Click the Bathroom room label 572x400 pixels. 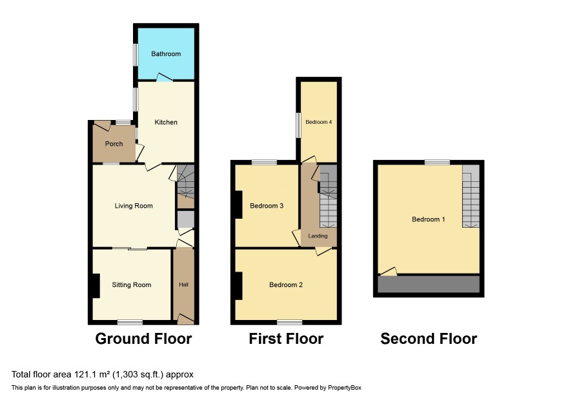click(166, 54)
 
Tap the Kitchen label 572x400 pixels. click(166, 122)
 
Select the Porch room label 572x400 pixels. click(114, 144)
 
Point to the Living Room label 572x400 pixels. click(134, 206)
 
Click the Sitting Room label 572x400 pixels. click(131, 285)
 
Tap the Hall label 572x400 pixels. click(183, 285)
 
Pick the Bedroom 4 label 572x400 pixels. click(318, 122)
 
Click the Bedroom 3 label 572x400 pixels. click(267, 206)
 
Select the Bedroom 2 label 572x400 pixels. click(286, 285)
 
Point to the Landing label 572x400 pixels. click(318, 236)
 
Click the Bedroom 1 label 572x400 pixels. click(428, 219)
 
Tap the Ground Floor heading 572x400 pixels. click(143, 339)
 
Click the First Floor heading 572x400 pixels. click(286, 339)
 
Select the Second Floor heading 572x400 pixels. click(429, 339)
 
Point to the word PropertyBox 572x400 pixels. click(344, 388)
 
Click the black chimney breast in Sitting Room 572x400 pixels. click(96, 286)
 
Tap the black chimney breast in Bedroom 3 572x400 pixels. click(239, 205)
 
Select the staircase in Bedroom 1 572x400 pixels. click(471, 196)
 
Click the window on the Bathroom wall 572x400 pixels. click(136, 55)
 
